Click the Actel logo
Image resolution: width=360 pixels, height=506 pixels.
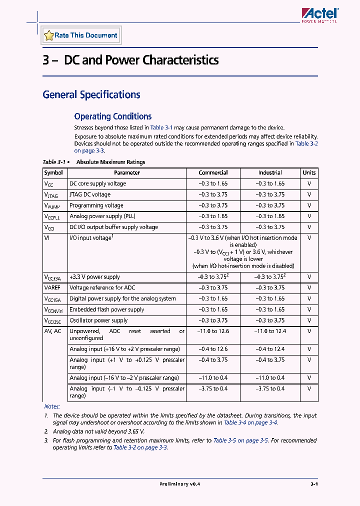(x=318, y=14)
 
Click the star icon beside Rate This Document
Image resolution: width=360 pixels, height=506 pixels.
(x=48, y=35)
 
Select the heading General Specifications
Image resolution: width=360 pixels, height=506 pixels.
(x=91, y=94)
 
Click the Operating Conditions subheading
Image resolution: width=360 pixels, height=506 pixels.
(x=113, y=116)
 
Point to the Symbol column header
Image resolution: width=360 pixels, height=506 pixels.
(x=53, y=172)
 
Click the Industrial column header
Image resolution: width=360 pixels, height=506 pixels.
(x=270, y=172)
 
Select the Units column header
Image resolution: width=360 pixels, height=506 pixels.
(x=309, y=172)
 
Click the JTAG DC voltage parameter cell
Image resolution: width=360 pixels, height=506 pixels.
(x=90, y=194)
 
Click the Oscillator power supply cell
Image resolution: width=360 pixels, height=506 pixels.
(x=98, y=320)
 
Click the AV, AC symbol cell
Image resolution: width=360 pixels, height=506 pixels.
(x=52, y=331)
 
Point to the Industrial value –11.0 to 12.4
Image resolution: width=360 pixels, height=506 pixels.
(x=270, y=331)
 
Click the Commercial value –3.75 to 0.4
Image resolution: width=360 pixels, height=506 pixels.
(x=213, y=388)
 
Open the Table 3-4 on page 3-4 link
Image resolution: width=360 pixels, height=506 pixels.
(x=250, y=422)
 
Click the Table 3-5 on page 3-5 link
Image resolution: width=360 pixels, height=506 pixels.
(x=240, y=440)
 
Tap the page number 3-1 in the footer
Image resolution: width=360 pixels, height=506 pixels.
(x=313, y=484)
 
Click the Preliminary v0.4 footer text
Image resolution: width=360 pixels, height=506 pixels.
(x=179, y=484)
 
